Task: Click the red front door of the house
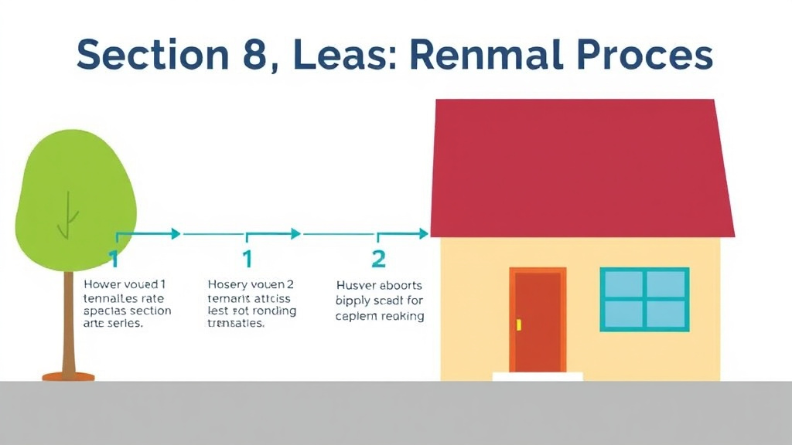(x=538, y=321)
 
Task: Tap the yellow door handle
(x=519, y=324)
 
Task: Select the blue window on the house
(x=644, y=298)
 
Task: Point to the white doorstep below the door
(x=538, y=376)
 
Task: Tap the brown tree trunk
(x=68, y=324)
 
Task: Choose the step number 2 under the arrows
(x=378, y=258)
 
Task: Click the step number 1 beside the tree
(x=114, y=258)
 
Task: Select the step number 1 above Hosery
(x=247, y=258)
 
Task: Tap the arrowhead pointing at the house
(x=423, y=233)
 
